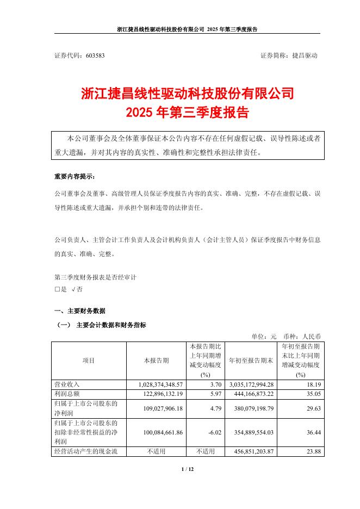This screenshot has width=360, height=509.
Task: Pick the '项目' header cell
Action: (x=88, y=361)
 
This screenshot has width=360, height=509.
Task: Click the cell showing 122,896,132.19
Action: (x=159, y=393)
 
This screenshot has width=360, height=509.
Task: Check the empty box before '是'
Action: (x=57, y=290)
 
